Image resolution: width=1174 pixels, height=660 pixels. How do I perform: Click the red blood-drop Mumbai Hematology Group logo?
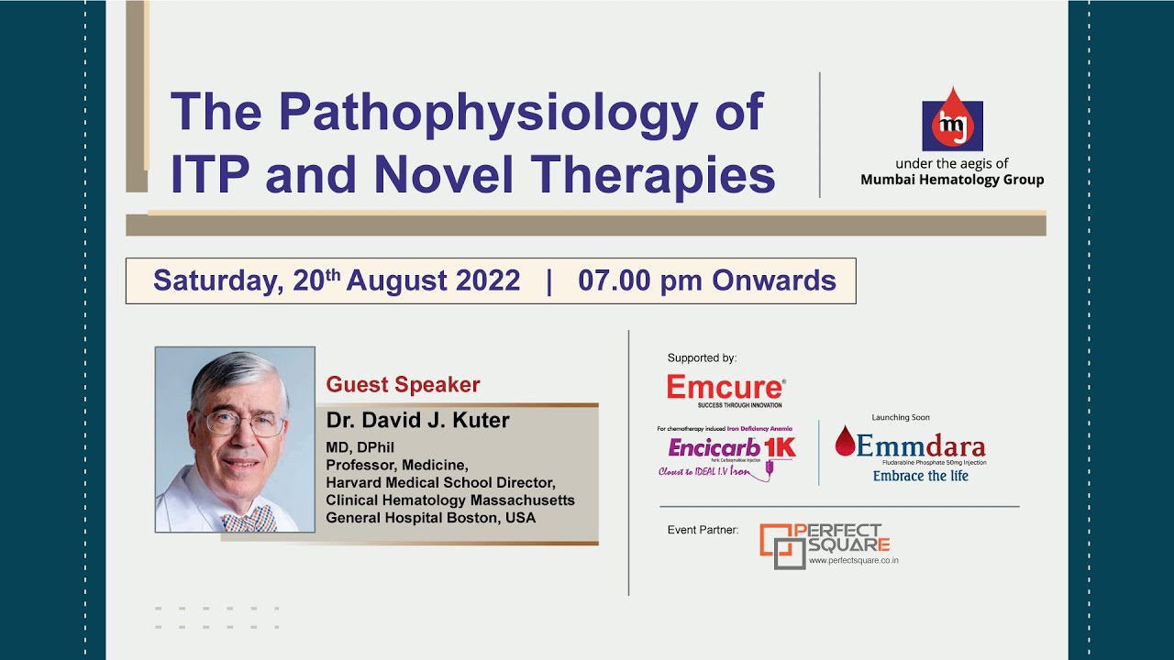(x=952, y=119)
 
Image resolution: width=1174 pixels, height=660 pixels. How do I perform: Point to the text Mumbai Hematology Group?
(x=952, y=180)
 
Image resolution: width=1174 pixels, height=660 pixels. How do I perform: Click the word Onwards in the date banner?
(x=774, y=280)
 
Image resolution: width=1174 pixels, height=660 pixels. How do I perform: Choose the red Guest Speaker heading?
(x=404, y=385)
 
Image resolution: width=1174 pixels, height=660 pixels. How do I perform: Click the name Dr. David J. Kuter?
(x=418, y=421)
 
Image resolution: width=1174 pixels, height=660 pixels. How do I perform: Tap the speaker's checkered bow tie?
(x=249, y=520)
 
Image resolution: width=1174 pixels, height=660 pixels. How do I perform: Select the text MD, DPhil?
(x=360, y=447)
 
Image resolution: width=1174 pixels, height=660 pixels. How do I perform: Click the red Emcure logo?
(x=725, y=388)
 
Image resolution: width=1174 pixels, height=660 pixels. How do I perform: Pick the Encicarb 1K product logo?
(x=731, y=448)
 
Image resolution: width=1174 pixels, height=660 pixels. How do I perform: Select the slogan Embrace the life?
(x=920, y=476)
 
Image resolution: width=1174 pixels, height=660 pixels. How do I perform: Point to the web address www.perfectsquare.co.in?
(x=853, y=560)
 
